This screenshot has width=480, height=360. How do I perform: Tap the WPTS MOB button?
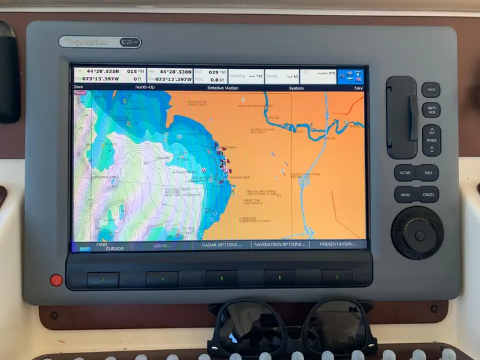431,109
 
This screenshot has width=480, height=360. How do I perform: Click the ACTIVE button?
405,173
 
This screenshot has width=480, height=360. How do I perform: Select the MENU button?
405,195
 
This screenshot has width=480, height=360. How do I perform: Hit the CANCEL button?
429,195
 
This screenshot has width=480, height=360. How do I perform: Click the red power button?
56,280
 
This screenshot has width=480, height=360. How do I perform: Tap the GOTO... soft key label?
162,245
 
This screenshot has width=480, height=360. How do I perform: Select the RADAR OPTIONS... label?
221,245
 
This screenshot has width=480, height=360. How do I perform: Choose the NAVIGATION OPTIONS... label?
280,245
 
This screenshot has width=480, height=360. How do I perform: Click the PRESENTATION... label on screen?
338,245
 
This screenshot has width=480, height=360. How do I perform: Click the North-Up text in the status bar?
145,87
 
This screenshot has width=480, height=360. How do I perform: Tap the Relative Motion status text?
222,87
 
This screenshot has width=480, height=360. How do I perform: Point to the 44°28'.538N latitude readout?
174,72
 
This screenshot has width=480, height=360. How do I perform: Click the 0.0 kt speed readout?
217,79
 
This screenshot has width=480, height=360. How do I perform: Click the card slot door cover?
401,117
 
